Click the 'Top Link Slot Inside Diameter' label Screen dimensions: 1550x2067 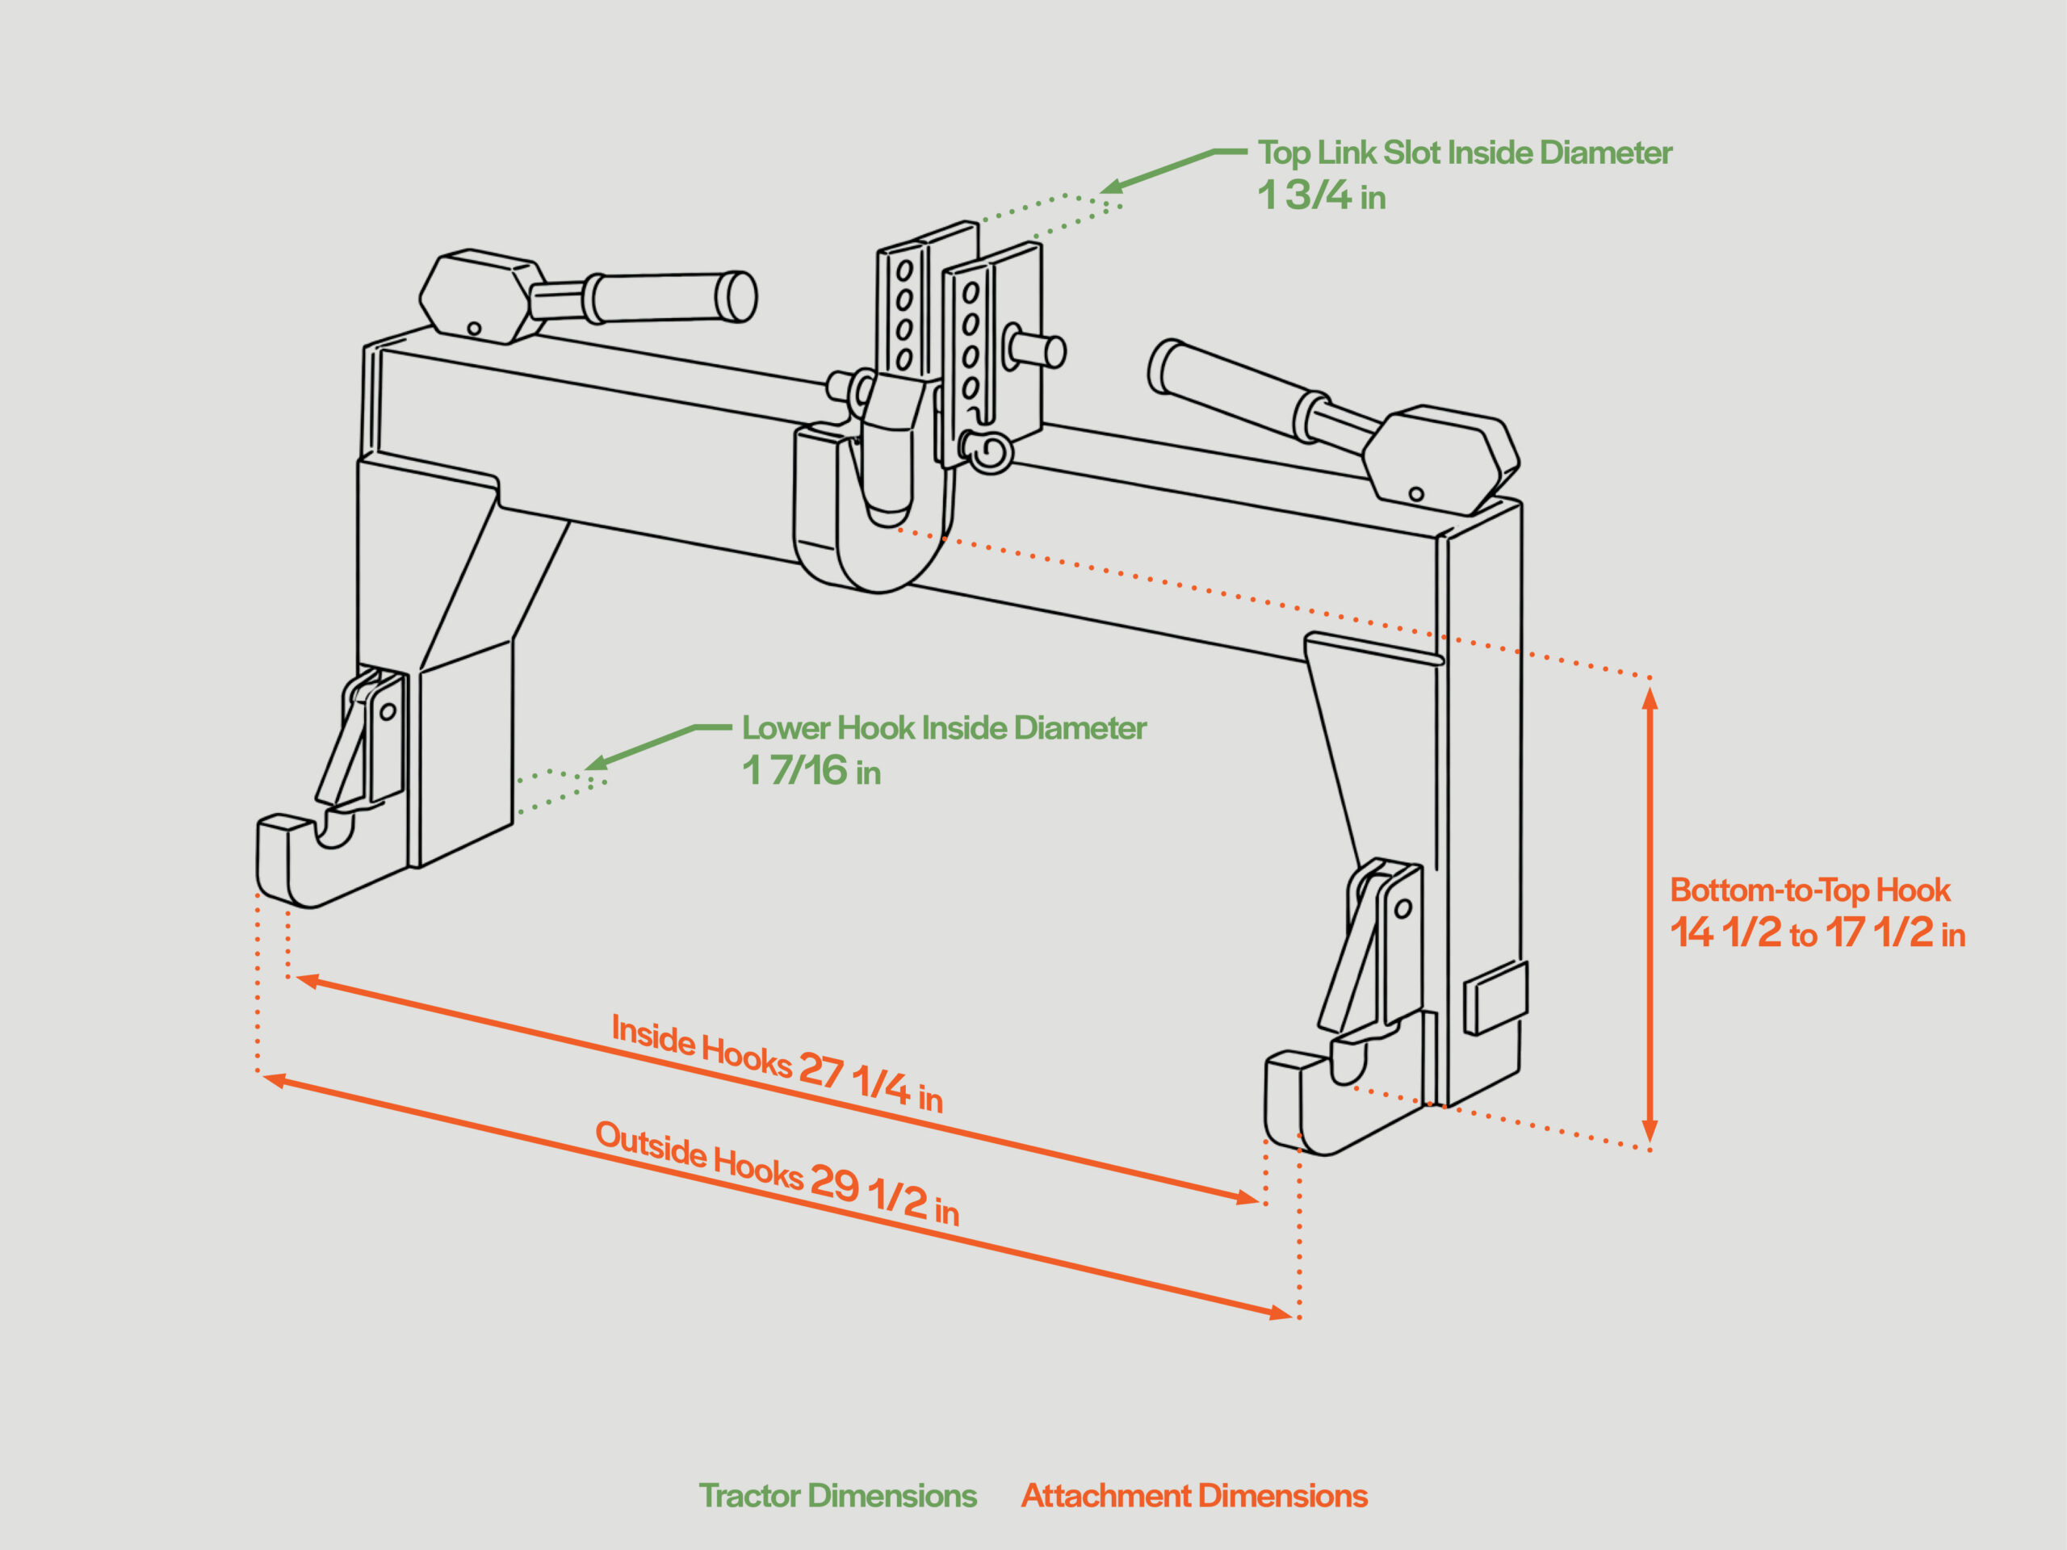tap(1465, 153)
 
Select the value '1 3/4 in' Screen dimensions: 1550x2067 tap(1321, 195)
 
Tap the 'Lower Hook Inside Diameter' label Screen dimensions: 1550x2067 tap(944, 728)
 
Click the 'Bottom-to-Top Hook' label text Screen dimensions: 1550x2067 tap(1809, 890)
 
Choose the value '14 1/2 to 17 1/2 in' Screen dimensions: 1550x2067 tap(1818, 933)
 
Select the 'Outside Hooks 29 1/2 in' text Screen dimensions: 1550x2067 tap(778, 1172)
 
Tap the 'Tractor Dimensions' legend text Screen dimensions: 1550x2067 tap(837, 1496)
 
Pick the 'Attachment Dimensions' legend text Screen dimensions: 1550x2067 tap(1193, 1496)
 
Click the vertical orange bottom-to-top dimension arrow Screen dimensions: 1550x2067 tap(1650, 915)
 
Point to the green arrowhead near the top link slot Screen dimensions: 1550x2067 tap(1112, 186)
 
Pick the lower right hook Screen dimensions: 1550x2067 tap(1303, 1107)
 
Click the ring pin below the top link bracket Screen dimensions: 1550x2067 tap(987, 453)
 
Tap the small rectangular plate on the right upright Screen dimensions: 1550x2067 tap(1495, 998)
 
